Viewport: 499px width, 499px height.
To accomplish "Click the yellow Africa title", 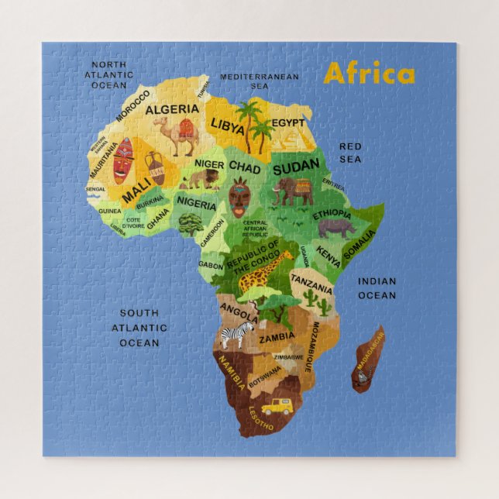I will point(369,74).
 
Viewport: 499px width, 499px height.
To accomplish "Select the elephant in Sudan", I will point(293,191).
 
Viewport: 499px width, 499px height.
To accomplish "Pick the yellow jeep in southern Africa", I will point(276,406).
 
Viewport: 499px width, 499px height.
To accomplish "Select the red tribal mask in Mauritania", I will point(124,160).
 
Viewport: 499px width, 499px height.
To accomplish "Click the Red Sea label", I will point(350,153).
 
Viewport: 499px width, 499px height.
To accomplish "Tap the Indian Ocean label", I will point(377,288).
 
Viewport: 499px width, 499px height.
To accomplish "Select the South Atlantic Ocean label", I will point(139,328).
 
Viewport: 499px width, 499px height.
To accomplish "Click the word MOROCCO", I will point(134,106).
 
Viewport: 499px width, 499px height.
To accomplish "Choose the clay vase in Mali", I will point(155,167).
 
